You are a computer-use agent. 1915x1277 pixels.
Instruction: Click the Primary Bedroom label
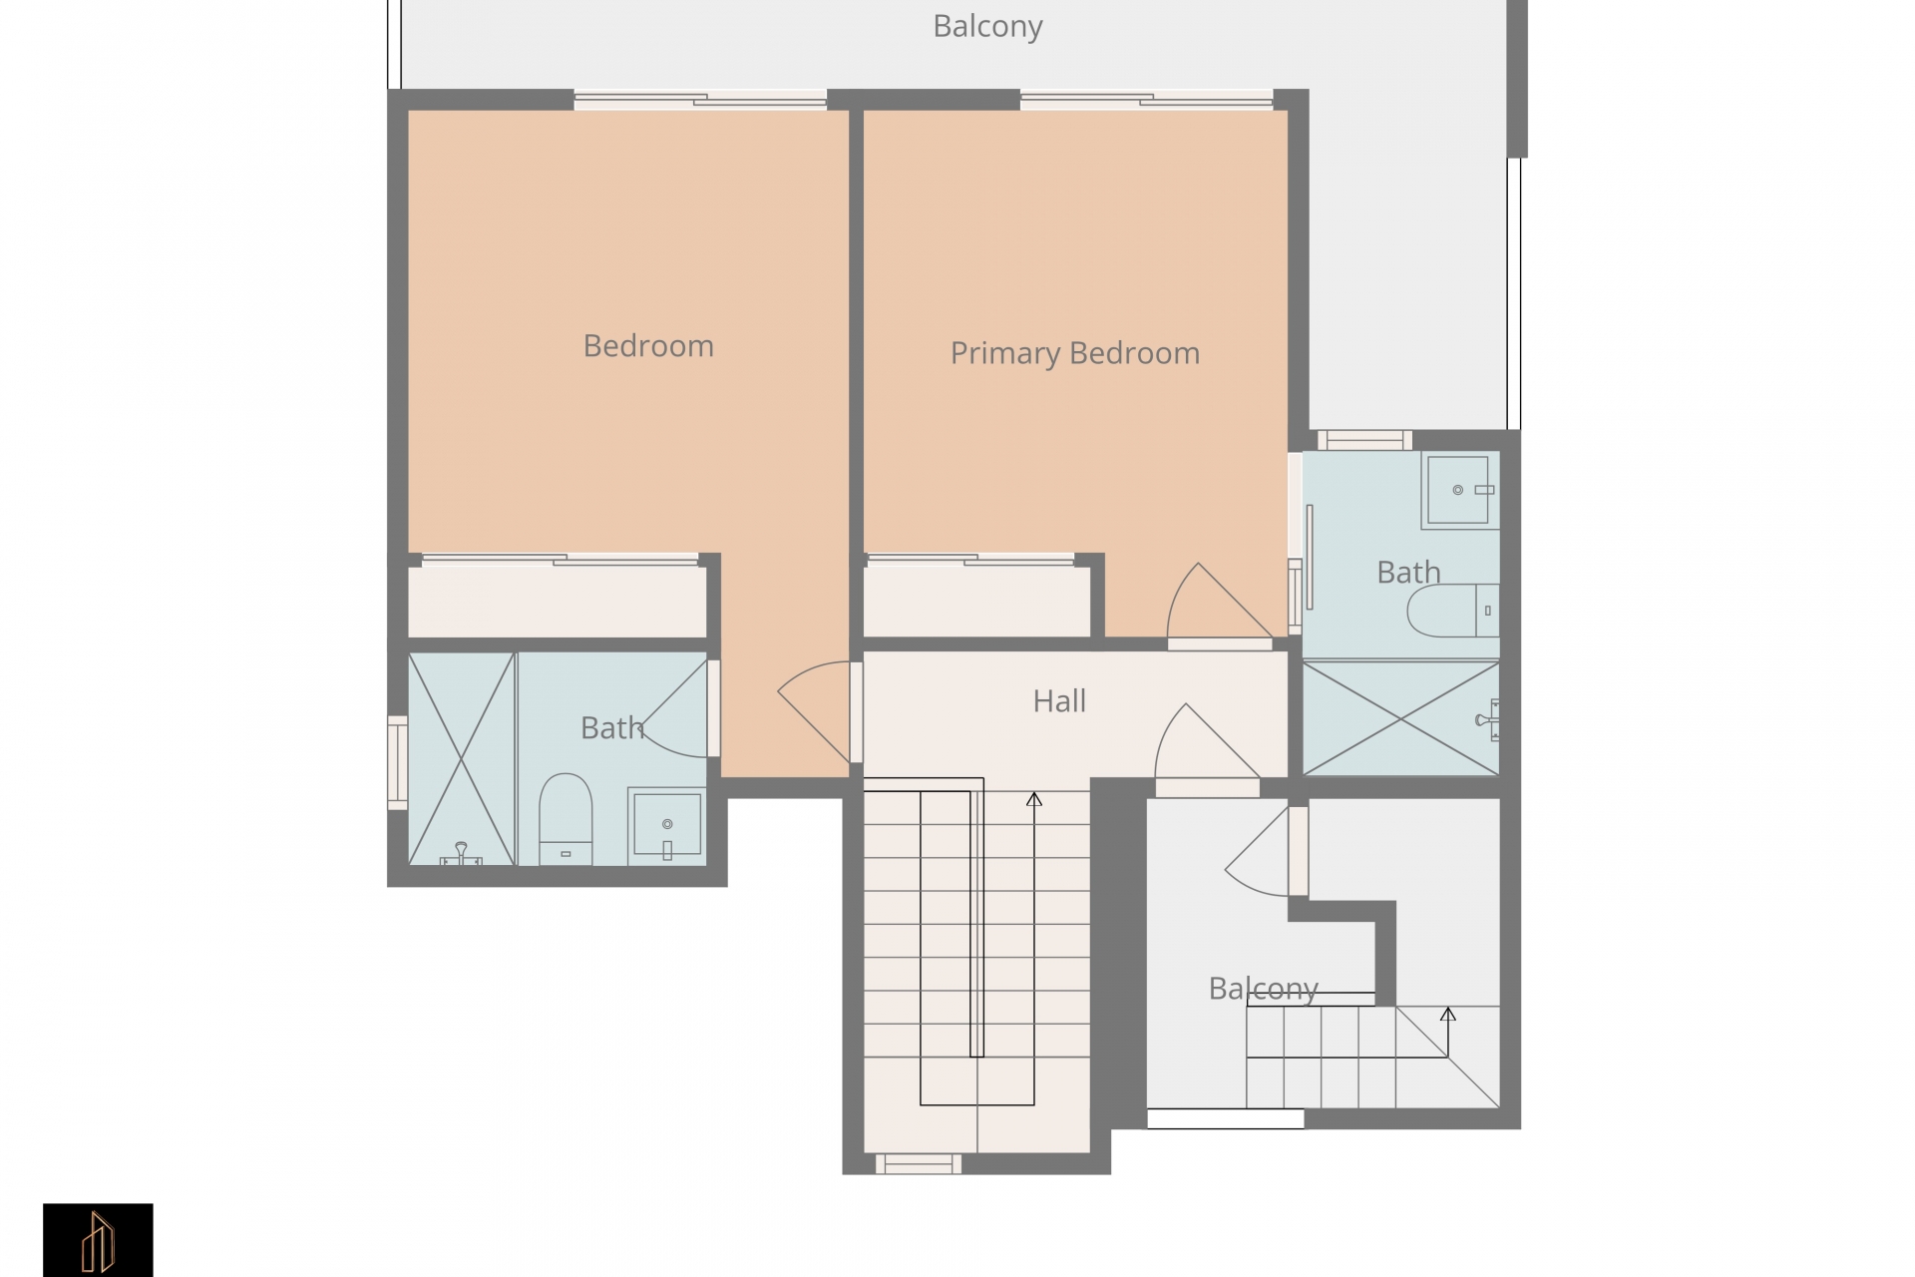click(1074, 353)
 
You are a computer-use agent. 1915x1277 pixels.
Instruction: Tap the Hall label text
click(1059, 701)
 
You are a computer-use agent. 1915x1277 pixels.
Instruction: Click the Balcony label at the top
click(987, 27)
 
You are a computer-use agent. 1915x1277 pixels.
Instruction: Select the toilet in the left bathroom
click(566, 819)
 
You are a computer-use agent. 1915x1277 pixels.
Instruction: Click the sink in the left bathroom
click(666, 826)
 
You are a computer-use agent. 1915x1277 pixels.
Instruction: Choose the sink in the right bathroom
click(1461, 490)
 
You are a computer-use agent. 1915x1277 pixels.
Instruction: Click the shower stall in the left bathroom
click(462, 758)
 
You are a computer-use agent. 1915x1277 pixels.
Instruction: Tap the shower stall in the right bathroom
click(1400, 717)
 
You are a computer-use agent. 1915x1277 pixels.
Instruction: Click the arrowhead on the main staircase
click(1034, 799)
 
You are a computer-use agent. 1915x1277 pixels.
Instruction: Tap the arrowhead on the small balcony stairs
click(1448, 1015)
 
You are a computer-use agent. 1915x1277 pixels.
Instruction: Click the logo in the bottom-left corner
click(98, 1240)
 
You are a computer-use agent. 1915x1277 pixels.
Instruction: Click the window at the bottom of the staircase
click(919, 1163)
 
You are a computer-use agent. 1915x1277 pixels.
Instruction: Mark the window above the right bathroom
click(1364, 440)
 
